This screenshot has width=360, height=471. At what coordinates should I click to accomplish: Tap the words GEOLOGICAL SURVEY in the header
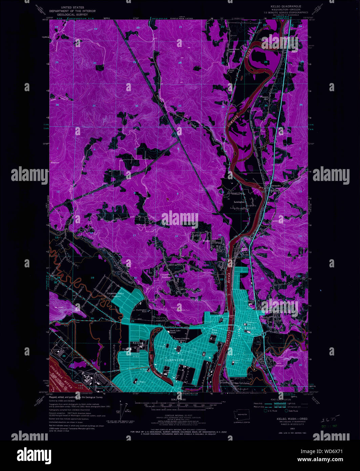coord(72,15)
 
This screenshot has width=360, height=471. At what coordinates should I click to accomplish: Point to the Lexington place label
coord(239,202)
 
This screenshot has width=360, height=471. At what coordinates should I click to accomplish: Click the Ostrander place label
coord(276,186)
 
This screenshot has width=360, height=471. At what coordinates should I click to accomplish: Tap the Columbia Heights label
coord(165,276)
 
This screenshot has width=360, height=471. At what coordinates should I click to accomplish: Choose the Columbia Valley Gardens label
coord(115,295)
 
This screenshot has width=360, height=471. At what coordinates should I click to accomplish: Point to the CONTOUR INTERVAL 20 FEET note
coord(179,416)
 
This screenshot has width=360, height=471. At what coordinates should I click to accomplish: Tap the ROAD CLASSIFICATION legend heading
coord(280,400)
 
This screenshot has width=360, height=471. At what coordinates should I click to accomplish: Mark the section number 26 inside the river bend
coord(266,62)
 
